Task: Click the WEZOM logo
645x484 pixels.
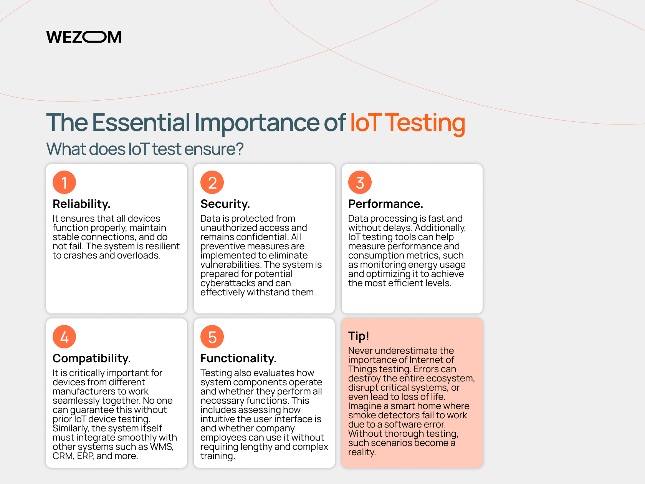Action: (84, 37)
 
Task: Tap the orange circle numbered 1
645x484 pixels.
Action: (64, 182)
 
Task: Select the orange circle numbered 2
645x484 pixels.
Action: (212, 182)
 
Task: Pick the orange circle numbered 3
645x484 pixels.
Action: (360, 182)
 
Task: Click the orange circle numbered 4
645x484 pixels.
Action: (64, 337)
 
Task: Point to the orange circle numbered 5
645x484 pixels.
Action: (212, 337)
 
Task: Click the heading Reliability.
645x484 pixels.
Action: (81, 204)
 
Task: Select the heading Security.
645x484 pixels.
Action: (225, 204)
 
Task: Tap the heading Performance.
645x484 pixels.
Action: (385, 204)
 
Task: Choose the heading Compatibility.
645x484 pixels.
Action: (91, 358)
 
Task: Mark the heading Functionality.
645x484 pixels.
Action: (238, 358)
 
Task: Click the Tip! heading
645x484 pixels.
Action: (359, 336)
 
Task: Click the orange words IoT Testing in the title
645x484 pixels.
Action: (408, 123)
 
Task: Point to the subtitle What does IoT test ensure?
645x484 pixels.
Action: (145, 149)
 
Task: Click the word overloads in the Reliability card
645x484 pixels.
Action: (139, 255)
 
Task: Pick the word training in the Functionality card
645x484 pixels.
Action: (218, 456)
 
